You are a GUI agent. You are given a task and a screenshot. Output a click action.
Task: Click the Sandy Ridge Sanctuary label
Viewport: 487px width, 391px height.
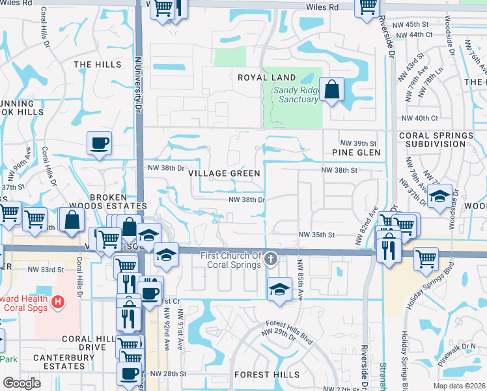click(296, 94)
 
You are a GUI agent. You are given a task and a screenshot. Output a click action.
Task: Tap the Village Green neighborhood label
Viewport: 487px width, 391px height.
click(224, 173)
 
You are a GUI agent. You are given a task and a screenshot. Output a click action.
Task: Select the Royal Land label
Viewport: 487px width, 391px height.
click(257, 77)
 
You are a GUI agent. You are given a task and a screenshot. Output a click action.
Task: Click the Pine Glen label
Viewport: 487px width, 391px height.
click(355, 152)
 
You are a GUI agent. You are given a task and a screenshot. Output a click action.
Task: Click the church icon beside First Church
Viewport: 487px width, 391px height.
click(271, 260)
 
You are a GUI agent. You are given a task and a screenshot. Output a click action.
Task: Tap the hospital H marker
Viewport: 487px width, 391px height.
click(59, 302)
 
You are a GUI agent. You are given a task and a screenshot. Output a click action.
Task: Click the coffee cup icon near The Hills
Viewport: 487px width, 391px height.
click(99, 143)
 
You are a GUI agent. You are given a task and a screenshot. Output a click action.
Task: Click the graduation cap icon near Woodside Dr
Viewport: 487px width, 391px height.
click(440, 195)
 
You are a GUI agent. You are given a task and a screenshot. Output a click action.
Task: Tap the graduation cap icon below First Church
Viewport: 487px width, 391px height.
click(279, 288)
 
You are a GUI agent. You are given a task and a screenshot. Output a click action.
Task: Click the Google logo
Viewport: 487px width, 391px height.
click(21, 383)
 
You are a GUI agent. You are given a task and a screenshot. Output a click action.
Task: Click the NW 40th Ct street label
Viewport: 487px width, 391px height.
click(420, 118)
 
